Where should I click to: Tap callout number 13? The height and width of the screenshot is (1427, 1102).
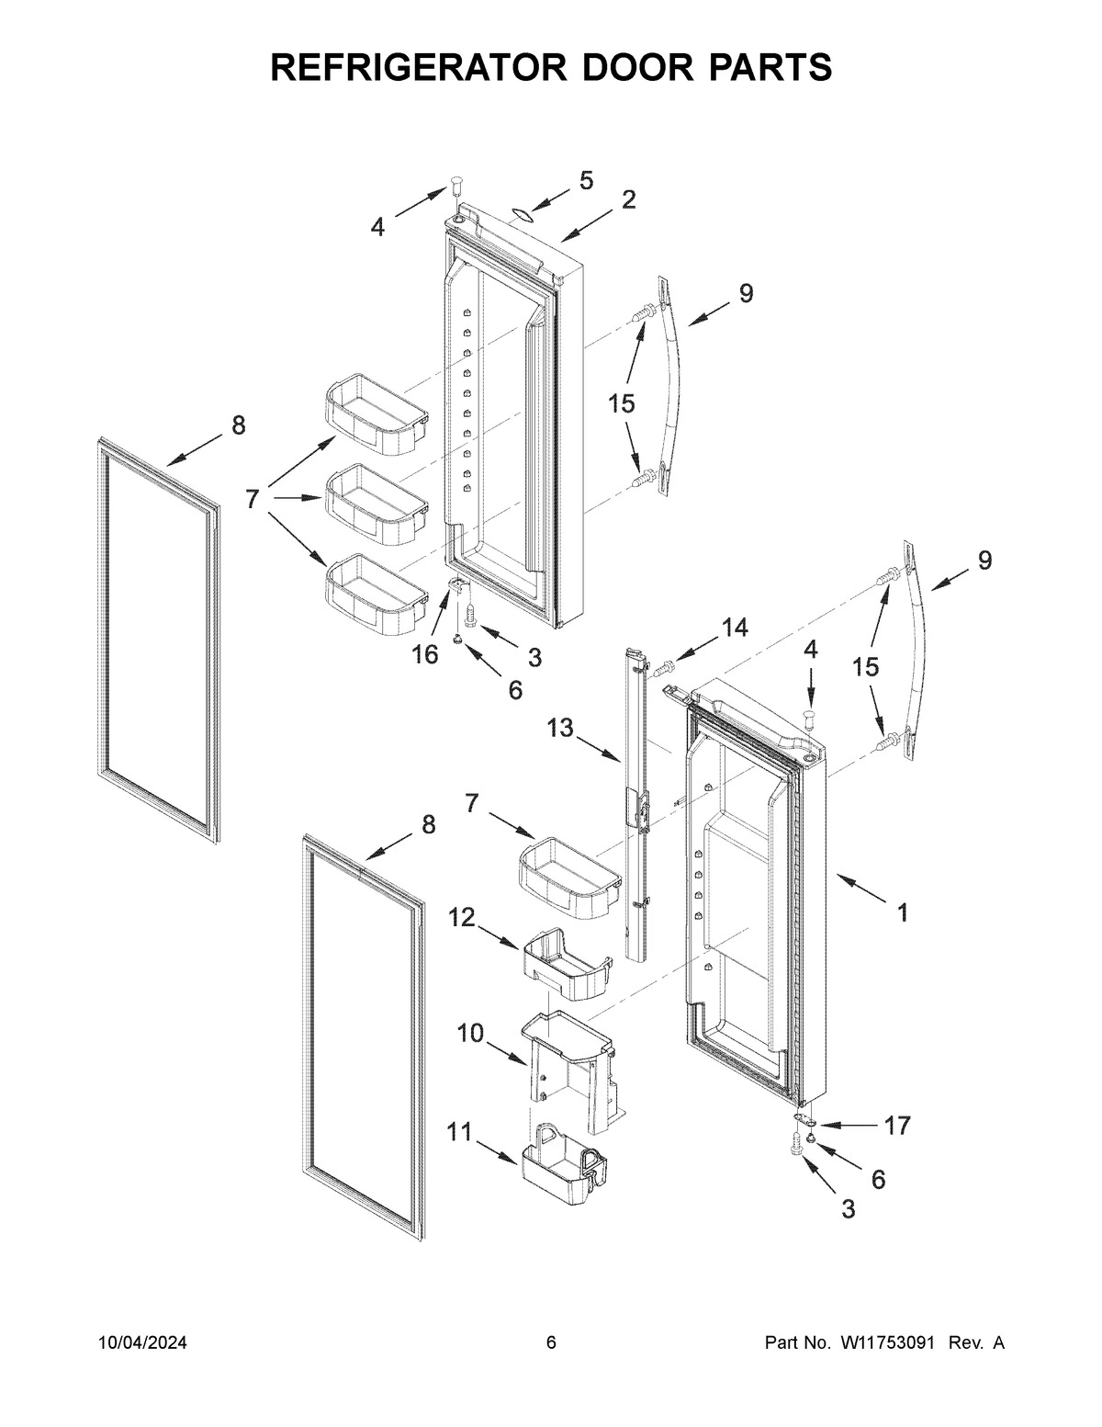click(x=560, y=729)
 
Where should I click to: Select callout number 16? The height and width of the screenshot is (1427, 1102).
click(x=425, y=655)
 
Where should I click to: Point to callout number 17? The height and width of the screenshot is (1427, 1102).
click(x=896, y=1125)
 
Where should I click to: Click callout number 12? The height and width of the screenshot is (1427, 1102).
click(x=462, y=916)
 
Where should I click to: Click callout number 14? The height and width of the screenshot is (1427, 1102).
click(x=734, y=628)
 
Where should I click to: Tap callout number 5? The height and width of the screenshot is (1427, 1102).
click(x=586, y=180)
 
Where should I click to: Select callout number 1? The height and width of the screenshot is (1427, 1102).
click(x=903, y=912)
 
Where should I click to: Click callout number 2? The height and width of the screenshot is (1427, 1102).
click(x=628, y=199)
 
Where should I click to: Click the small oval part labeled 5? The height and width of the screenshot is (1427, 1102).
click(x=522, y=215)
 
